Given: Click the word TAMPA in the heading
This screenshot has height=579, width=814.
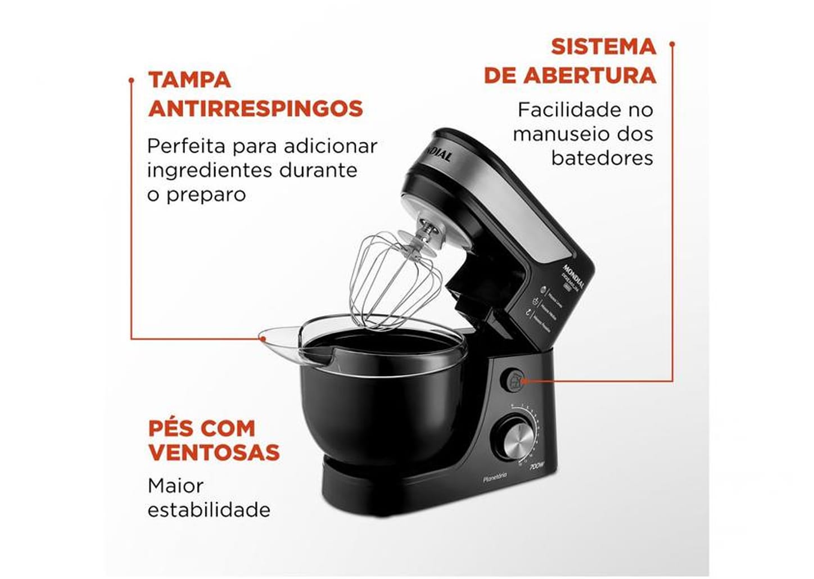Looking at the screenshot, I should point(189,80).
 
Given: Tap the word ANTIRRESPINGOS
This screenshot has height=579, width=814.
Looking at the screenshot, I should point(256,108).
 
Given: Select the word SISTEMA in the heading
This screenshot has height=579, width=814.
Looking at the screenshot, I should point(603,47).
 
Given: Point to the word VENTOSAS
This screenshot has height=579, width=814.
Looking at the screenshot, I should point(214,452).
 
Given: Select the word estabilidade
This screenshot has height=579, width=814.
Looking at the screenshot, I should point(209,510).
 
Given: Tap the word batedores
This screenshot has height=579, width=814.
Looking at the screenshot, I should point(602,158).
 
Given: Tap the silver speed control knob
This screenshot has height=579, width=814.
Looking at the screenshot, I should point(514,437).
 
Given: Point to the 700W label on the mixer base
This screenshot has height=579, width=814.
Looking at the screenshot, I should point(537,465).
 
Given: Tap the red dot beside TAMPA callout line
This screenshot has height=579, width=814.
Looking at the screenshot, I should point(132,80).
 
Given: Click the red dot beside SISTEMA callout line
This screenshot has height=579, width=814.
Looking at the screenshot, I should point(672,43).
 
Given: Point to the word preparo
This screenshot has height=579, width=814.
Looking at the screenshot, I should point(206,195).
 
